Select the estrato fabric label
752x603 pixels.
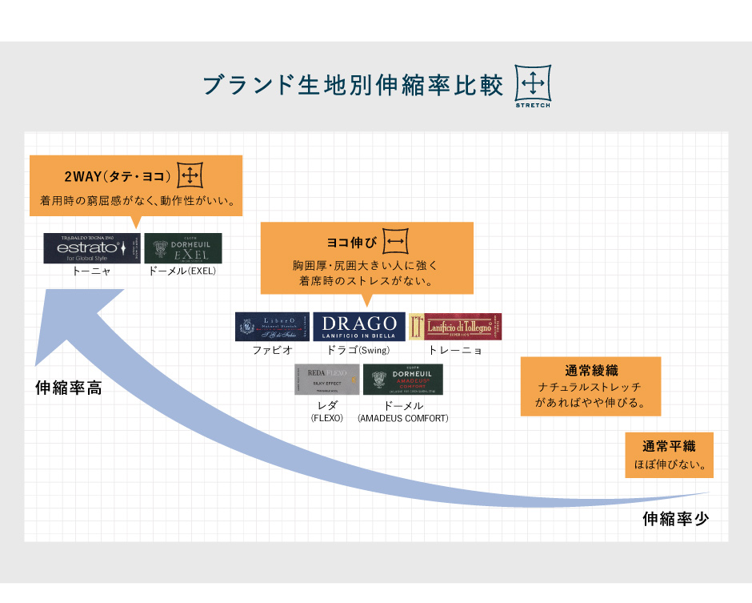[x=91, y=248]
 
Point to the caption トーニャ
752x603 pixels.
[x=91, y=271]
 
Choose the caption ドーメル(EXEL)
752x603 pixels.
[x=182, y=271]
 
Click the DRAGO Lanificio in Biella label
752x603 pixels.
[x=358, y=327]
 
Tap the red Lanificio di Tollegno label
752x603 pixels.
[x=455, y=327]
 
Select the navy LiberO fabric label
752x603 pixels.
[x=272, y=327]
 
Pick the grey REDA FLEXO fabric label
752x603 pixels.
[x=326, y=380]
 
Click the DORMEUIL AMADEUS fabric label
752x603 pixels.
[x=402, y=380]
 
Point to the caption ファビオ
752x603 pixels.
[x=272, y=350]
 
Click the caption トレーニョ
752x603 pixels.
[x=455, y=350]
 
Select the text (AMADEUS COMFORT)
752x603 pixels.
[x=403, y=418]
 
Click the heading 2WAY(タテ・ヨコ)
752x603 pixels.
[x=118, y=176]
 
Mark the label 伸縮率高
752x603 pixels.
[x=69, y=388]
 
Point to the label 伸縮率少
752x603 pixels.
[x=676, y=519]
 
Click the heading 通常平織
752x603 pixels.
[x=669, y=447]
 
